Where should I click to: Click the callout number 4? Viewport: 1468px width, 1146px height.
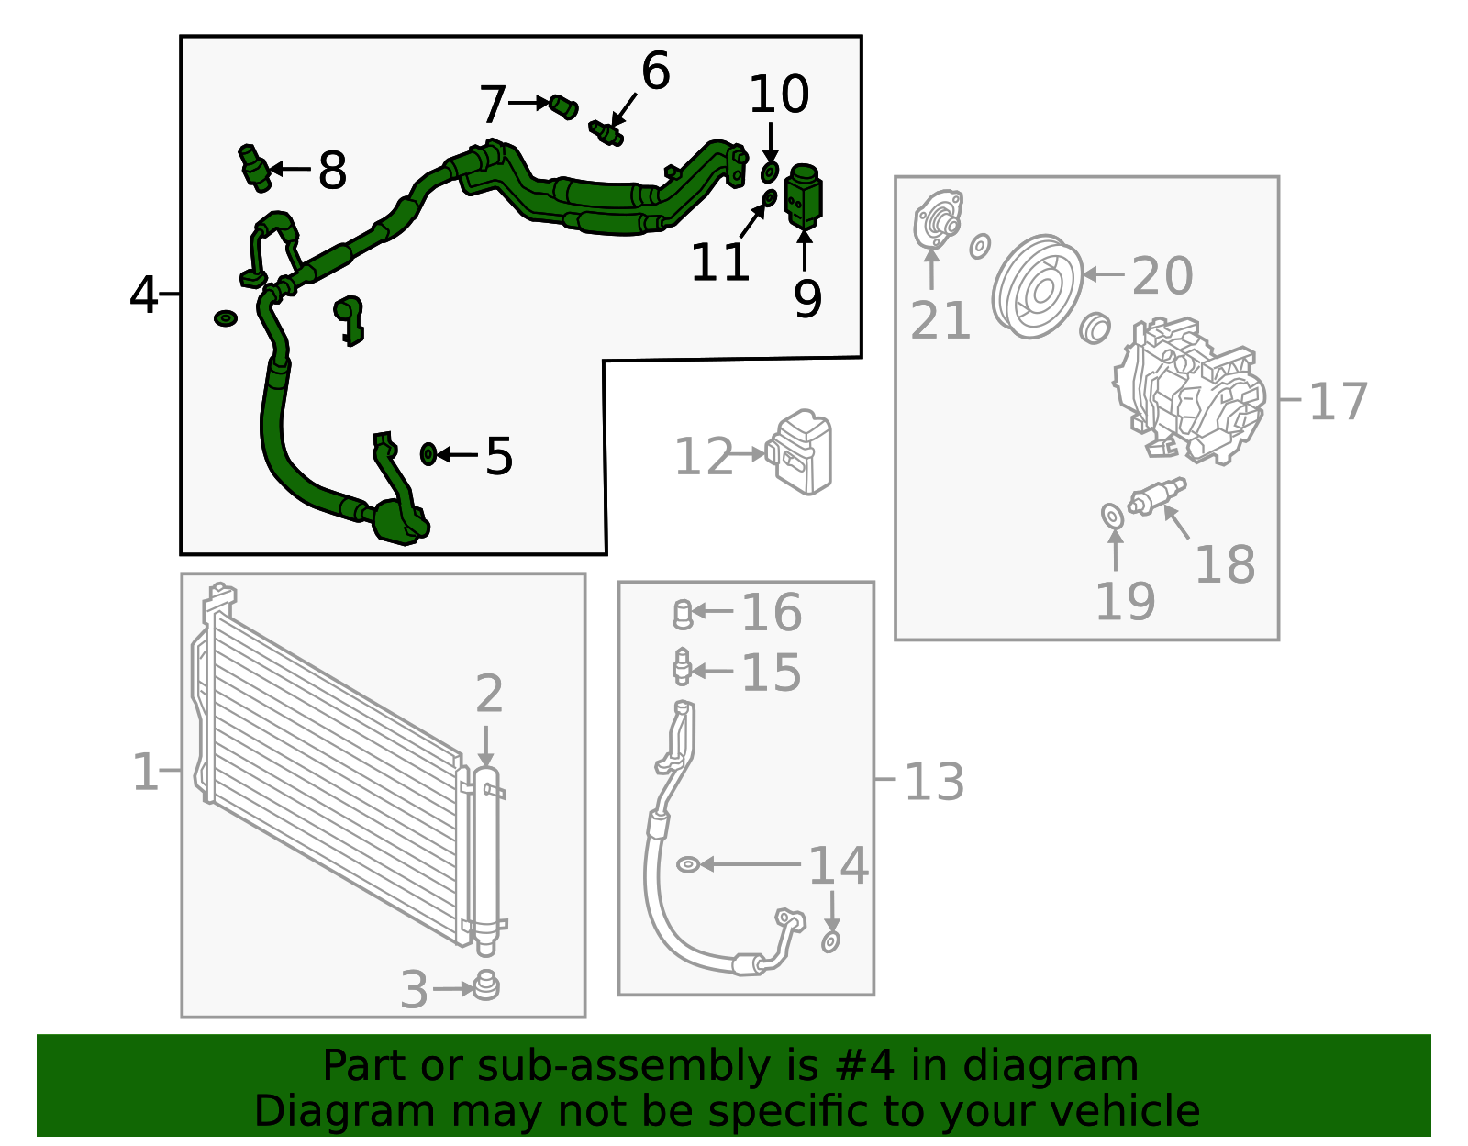coord(144,295)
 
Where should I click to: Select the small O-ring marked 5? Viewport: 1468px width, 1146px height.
coord(428,453)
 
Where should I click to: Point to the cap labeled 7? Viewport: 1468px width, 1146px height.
coord(563,106)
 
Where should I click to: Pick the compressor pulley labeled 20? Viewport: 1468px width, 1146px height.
coord(1038,286)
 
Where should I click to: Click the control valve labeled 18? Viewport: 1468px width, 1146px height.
coord(1156,495)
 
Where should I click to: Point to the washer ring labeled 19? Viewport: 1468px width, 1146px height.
coord(1112,517)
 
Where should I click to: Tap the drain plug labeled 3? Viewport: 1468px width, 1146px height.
coord(486,986)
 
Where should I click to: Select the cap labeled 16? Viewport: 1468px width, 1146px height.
coord(682,613)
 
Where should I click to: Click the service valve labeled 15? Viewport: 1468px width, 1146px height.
coord(681,667)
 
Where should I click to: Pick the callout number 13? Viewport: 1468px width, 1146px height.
coord(934,782)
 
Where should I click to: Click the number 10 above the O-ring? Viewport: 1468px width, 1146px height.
coord(779,95)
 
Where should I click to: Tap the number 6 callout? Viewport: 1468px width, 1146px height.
coord(655,71)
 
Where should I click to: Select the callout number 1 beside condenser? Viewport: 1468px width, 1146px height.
coord(145,772)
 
